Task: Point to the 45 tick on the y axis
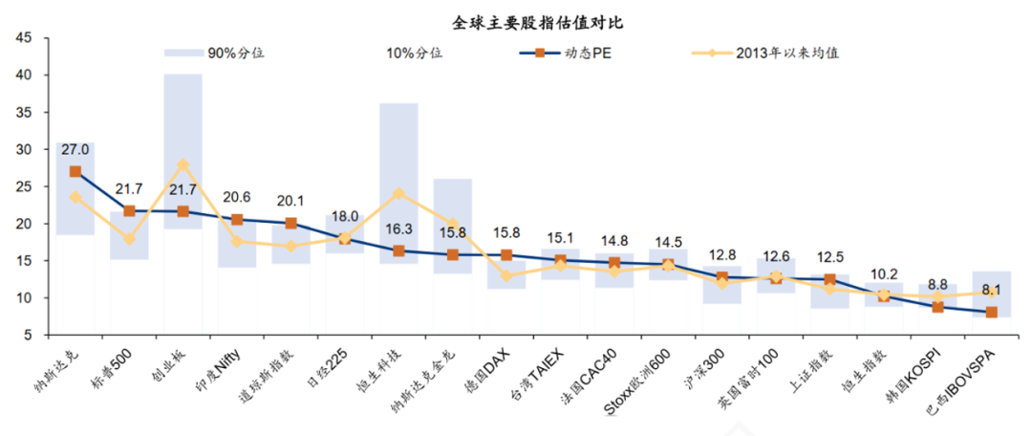point(24,38)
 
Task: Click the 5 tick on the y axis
point(28,336)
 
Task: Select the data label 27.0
point(75,150)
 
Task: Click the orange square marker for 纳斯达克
point(75,172)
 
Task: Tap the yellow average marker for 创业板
point(183,164)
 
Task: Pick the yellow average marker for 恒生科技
point(398,193)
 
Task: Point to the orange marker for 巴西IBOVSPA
point(992,313)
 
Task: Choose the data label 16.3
point(398,229)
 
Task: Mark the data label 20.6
point(236,198)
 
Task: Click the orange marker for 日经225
point(345,238)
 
